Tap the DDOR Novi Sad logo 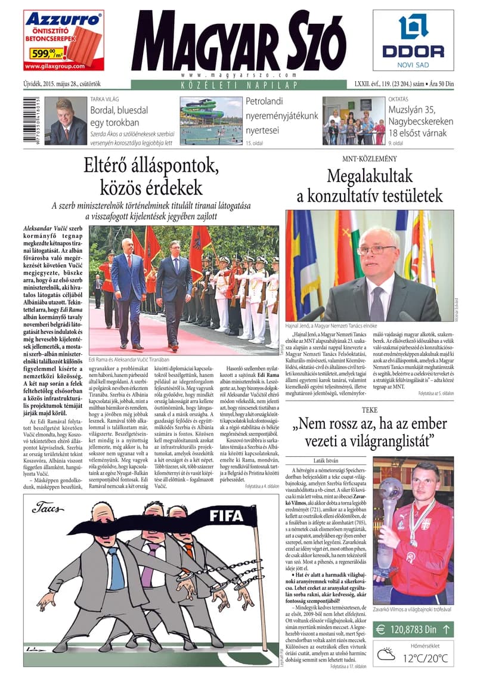pos(413,41)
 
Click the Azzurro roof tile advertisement pos(63,41)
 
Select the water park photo pos(211,121)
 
